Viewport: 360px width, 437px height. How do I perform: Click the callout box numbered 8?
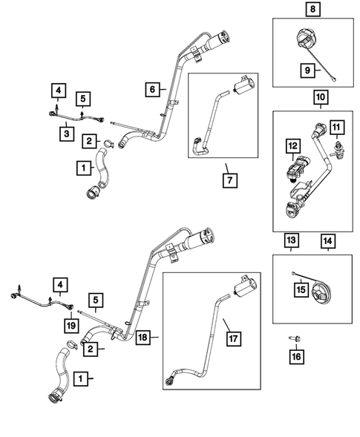point(312,9)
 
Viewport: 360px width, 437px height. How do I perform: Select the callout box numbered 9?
point(307,70)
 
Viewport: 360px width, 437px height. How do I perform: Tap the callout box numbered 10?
point(321,97)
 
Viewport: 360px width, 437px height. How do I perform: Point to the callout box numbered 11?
point(336,128)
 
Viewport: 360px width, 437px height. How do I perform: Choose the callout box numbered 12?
point(293,145)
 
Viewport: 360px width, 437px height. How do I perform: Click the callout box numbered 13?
point(292,240)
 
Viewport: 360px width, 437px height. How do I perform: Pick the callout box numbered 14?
point(328,241)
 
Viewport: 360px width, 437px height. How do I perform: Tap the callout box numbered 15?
point(301,289)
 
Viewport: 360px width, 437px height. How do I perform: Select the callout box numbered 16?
point(296,357)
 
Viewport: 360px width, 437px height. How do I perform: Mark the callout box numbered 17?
point(233,338)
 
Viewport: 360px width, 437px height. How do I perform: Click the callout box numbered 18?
point(143,338)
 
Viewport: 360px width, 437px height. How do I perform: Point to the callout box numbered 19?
point(71,325)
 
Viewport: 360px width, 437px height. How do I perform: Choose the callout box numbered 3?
point(67,134)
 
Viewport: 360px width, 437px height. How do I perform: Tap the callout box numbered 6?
point(152,89)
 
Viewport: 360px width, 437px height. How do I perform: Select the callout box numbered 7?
point(230,180)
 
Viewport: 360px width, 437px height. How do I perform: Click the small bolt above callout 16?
point(295,339)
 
